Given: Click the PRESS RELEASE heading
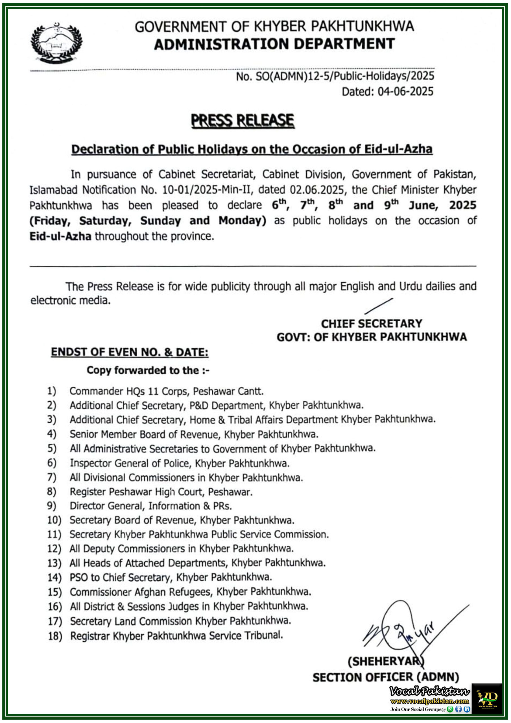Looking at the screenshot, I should [243, 121].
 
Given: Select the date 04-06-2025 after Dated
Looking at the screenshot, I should [405, 92].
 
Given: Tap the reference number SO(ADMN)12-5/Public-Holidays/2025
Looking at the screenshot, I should [345, 76].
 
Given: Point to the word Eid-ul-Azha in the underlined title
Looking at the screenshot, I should [398, 149].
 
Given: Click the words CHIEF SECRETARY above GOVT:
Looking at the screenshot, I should [372, 324].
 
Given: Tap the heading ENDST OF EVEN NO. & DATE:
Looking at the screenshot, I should [130, 352].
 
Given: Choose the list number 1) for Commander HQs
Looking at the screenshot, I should [52, 391].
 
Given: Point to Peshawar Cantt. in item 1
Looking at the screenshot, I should [228, 391].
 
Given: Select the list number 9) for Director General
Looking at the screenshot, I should [52, 506].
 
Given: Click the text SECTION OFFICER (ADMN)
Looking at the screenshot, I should [386, 677].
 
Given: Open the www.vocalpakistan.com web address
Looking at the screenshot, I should [429, 701].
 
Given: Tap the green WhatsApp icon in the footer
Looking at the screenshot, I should [450, 709].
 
